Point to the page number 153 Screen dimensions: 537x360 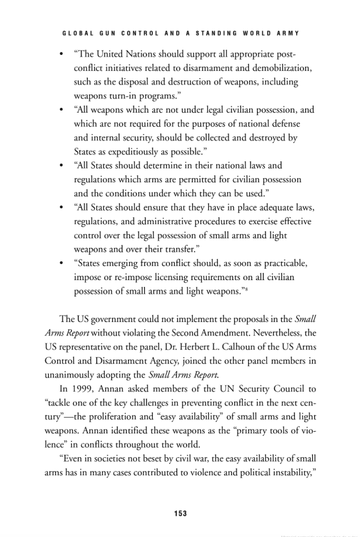(180, 513)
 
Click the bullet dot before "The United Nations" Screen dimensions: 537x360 (62, 54)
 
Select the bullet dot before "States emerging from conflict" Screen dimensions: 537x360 (62, 263)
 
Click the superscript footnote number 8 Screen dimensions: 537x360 (247, 288)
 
